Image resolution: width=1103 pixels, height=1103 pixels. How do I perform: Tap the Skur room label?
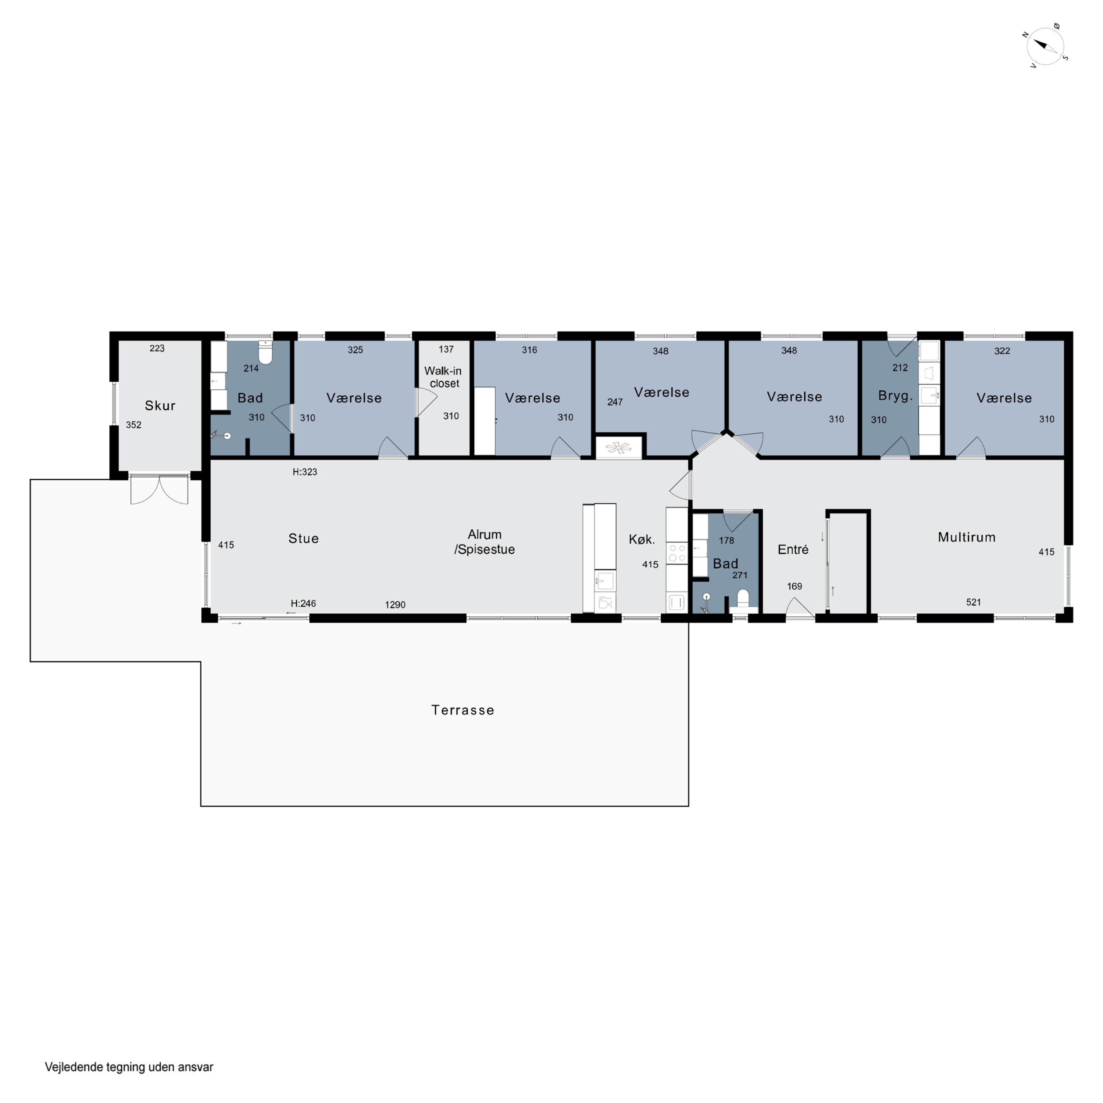(160, 405)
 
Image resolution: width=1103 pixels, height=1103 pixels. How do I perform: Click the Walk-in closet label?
(444, 377)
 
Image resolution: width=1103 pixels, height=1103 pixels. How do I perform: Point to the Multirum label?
(967, 537)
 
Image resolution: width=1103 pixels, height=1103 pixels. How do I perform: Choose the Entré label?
(793, 549)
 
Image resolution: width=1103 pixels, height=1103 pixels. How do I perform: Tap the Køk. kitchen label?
(642, 539)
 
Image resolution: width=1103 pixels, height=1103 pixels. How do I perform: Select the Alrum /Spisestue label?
(485, 542)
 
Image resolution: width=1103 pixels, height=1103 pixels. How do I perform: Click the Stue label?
(303, 538)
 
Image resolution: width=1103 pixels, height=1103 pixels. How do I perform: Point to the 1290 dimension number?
(395, 604)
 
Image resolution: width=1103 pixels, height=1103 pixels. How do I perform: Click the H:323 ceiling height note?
(304, 472)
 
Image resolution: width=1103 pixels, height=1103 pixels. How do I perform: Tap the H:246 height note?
(303, 603)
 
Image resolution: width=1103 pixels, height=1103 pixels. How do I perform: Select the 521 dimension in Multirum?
(974, 602)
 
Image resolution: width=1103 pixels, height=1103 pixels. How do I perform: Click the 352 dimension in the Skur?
(133, 425)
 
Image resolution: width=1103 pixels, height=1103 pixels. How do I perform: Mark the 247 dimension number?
(615, 402)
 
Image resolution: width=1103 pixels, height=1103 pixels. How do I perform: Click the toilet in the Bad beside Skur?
(265, 352)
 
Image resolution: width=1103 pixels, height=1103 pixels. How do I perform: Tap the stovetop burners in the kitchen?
(677, 553)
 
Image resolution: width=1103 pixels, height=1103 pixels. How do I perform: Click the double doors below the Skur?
(159, 489)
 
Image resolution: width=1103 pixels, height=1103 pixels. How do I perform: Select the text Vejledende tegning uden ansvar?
(129, 1067)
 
